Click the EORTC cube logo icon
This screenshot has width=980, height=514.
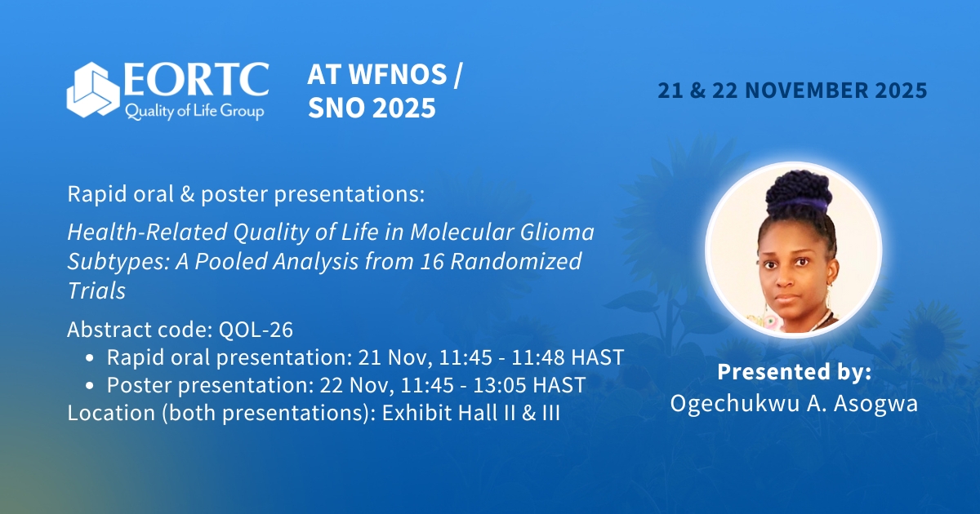click(93, 91)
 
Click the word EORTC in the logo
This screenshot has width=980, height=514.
click(196, 79)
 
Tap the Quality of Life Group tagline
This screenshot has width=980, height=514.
click(194, 111)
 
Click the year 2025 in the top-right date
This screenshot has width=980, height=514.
click(898, 91)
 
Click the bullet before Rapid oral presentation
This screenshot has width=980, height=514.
click(90, 357)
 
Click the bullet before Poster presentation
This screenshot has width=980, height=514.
click(90, 385)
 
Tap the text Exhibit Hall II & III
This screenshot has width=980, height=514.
click(467, 413)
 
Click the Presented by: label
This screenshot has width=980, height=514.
click(794, 372)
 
